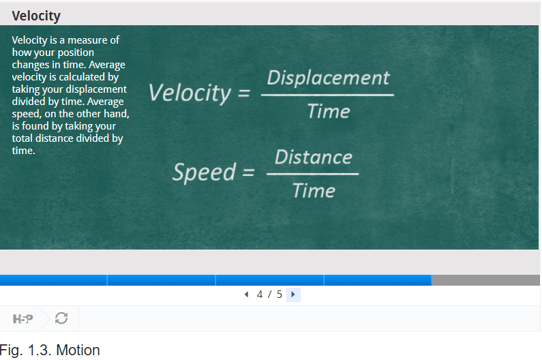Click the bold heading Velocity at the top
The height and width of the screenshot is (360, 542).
tap(36, 16)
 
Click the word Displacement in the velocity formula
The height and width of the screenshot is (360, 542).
tap(328, 78)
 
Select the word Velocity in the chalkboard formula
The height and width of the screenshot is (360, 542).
tap(190, 93)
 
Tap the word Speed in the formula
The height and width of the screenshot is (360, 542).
tap(205, 172)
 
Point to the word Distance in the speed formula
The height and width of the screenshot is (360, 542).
tap(313, 157)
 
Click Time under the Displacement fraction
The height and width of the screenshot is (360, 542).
tap(329, 111)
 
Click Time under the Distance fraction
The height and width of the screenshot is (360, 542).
tap(314, 190)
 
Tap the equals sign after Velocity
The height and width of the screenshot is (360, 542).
tap(243, 93)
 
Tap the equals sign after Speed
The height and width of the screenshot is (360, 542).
tap(249, 172)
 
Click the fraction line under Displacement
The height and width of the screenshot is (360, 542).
tap(327, 95)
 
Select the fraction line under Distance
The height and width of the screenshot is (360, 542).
tap(312, 174)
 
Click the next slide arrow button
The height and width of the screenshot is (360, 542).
tap(293, 295)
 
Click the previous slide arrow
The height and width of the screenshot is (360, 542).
tap(246, 295)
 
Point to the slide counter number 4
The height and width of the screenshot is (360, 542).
tap(260, 295)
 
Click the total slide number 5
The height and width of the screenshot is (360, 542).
tap(280, 295)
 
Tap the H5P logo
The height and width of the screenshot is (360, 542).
tap(22, 318)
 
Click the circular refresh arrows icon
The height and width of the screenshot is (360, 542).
tap(61, 318)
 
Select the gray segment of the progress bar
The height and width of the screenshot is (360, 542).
tap(485, 280)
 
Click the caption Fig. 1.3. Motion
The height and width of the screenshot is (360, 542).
tap(50, 350)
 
